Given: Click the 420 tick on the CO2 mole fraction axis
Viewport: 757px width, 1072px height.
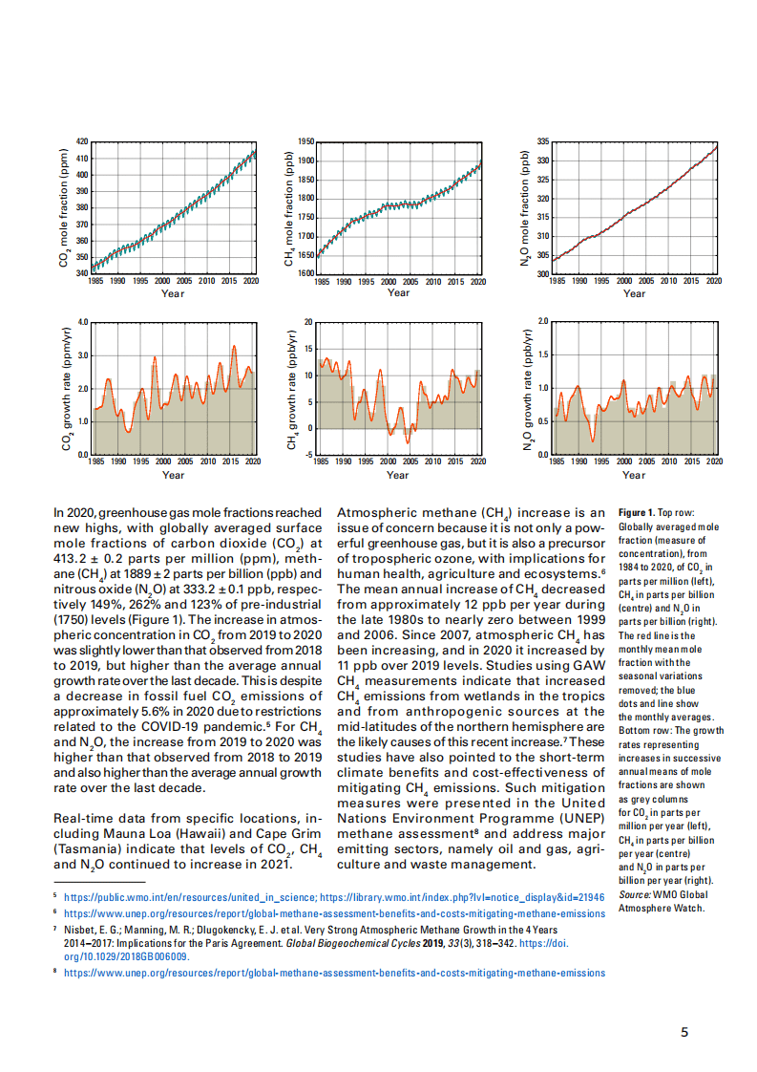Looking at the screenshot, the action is [x=82, y=141].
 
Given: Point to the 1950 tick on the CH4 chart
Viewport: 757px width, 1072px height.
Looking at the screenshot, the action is [x=306, y=141].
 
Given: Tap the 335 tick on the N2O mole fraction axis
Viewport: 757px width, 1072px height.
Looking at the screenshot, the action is [x=543, y=141].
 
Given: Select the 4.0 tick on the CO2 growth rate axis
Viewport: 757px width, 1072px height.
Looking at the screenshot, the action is [x=82, y=322].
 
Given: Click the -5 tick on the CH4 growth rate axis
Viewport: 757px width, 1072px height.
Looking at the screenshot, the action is [x=308, y=455].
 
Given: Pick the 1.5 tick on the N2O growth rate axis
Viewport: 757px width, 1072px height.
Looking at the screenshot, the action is [x=543, y=354].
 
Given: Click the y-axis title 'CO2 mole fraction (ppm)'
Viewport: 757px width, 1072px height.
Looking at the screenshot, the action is [x=64, y=207].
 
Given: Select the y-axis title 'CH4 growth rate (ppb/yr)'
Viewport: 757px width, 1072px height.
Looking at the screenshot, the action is [x=292, y=390].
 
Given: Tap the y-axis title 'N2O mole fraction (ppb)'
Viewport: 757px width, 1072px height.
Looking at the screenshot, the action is [x=525, y=207].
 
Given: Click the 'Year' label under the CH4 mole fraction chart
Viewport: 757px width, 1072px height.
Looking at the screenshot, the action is [x=398, y=292].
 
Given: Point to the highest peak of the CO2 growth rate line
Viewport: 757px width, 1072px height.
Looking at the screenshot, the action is [x=234, y=346].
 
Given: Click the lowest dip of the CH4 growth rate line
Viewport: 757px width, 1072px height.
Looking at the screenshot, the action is [x=408, y=443].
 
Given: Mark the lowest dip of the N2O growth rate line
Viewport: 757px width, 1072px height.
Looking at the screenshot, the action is [x=593, y=441].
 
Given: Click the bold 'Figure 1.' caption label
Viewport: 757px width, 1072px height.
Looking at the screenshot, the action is [x=637, y=513].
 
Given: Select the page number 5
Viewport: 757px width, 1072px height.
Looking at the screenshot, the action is [x=684, y=1032].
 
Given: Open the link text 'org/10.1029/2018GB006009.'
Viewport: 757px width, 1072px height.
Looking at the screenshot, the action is [x=127, y=956].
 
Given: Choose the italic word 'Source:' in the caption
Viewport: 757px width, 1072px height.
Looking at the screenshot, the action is [x=634, y=895].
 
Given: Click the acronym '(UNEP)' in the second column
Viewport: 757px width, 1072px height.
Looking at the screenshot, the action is [x=582, y=819].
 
